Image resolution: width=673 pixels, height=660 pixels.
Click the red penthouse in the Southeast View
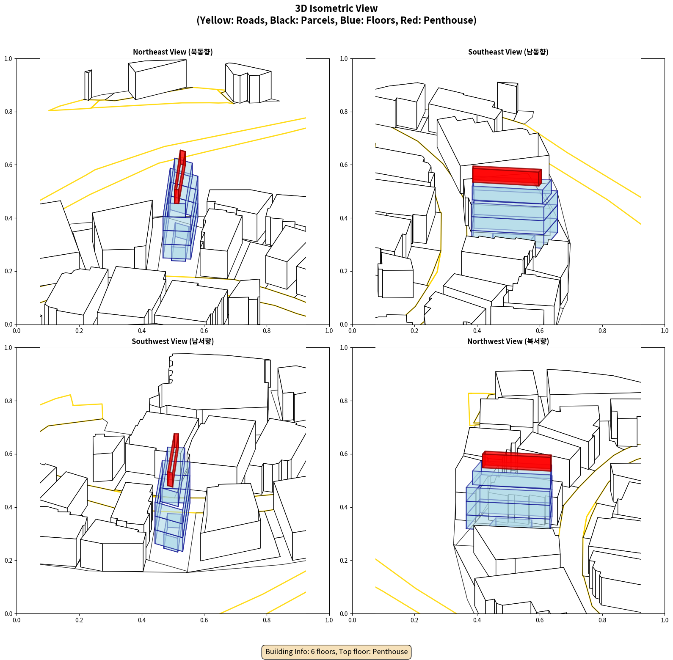click(507, 176)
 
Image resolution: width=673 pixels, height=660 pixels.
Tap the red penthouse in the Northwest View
click(517, 461)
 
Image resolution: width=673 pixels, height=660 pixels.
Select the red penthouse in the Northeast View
click(180, 177)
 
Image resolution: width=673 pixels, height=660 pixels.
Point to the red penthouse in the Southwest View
click(173, 460)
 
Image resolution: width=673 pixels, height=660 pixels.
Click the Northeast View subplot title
click(173, 52)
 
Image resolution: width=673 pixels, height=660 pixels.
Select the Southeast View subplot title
click(508, 52)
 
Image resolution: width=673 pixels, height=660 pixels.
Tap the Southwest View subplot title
click(173, 341)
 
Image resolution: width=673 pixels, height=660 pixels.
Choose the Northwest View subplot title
click(508, 341)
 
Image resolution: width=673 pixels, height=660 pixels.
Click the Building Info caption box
click(336, 652)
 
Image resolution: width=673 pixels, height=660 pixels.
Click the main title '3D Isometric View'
click(336, 8)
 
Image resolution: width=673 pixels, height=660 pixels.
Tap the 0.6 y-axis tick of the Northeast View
click(8, 165)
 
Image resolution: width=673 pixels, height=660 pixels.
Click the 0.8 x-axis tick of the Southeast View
click(602, 331)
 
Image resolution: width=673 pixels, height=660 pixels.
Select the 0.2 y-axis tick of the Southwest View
click(8, 561)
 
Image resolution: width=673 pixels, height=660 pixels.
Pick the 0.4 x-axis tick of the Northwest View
click(477, 620)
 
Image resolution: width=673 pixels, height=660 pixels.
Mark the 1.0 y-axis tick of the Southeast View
click(344, 59)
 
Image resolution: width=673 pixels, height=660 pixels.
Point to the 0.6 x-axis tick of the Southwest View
click(204, 620)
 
